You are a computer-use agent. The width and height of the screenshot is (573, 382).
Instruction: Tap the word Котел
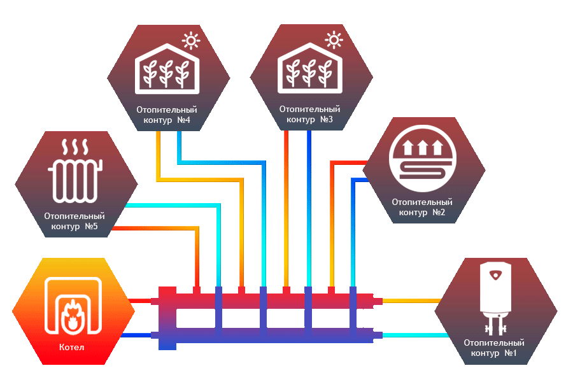tap(71, 347)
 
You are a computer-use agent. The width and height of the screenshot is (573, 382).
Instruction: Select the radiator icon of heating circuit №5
tap(75, 171)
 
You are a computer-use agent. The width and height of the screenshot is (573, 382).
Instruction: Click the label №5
tap(91, 226)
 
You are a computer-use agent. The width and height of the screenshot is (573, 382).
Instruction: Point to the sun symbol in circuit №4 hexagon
tap(191, 40)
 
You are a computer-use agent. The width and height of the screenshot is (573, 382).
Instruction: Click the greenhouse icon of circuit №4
tap(167, 69)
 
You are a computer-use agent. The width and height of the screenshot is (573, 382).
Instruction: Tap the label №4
tap(183, 120)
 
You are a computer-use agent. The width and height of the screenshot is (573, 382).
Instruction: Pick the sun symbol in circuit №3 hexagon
tap(334, 40)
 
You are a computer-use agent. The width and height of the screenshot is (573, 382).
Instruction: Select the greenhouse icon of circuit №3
tap(310, 68)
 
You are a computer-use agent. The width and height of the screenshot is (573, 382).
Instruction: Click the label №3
tap(327, 119)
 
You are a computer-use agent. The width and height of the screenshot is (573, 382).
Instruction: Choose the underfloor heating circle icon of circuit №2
tap(423, 159)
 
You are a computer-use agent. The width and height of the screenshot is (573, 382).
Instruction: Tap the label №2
tap(439, 213)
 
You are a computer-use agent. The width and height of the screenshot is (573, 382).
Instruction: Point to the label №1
tap(511, 353)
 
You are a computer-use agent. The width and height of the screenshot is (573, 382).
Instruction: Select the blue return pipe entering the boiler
tap(137, 335)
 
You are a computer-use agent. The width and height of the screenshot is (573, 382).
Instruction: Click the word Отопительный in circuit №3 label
tap(309, 109)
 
